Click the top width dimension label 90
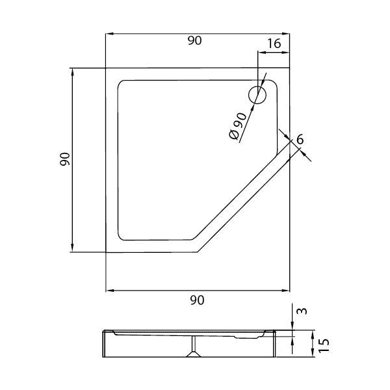point(194,40)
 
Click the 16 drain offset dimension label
point(274,44)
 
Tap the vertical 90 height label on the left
point(65,159)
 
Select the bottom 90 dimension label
point(197,300)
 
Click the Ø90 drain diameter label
point(237,126)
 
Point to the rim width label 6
point(300,139)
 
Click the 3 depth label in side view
point(302,311)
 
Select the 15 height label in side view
point(324,346)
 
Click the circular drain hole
point(257,95)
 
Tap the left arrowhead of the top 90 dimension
point(109,34)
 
